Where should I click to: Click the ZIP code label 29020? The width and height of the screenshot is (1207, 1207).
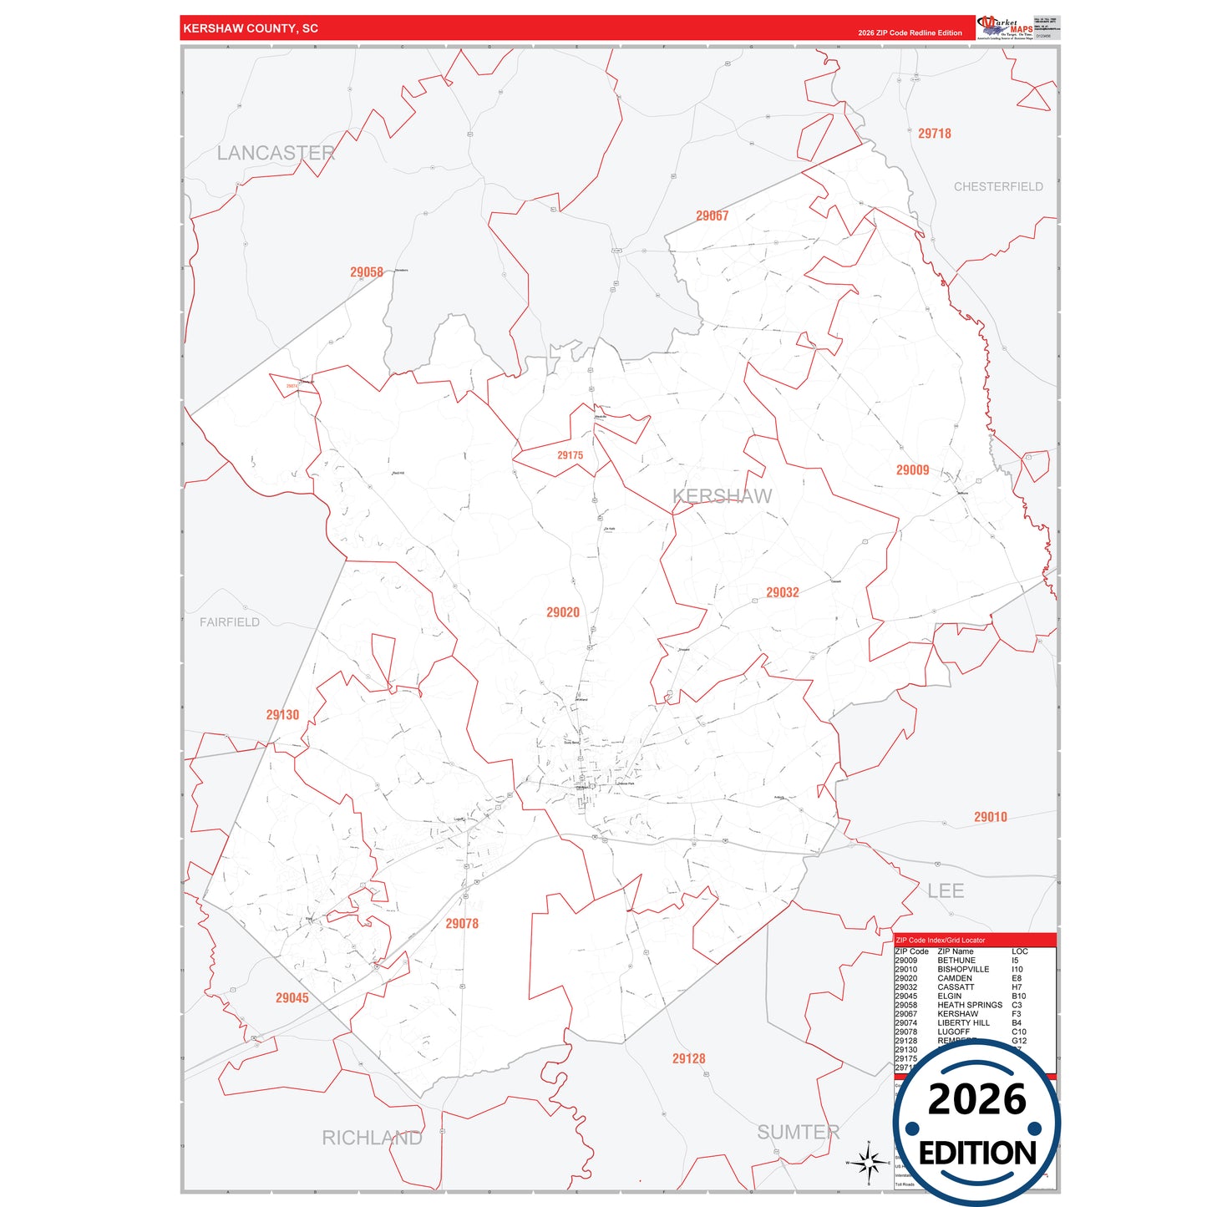coord(563,612)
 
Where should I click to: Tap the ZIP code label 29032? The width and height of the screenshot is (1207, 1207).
coord(783,592)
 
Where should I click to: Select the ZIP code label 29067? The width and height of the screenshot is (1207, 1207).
coord(713,216)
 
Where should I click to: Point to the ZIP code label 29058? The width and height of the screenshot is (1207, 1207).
coord(367,272)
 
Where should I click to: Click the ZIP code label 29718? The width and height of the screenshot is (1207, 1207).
coord(935,134)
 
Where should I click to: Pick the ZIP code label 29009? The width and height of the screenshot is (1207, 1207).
coord(913,470)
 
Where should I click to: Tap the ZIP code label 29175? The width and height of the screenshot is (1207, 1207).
coord(571,455)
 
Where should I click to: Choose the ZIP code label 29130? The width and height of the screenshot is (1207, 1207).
coord(282,715)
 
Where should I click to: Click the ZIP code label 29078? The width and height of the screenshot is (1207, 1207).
coord(462,923)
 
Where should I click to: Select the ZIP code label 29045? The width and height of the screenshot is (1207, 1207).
coord(292,997)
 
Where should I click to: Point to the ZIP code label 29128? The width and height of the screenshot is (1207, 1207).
coord(689,1058)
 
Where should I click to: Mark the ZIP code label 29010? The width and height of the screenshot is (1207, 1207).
coord(991,817)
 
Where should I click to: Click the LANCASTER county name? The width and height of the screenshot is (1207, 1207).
coord(276,153)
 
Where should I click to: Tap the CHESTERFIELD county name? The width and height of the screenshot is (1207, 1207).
coord(998,186)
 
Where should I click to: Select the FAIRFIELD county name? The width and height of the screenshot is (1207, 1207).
coord(230,622)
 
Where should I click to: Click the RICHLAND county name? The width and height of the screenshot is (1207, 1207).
coord(373,1138)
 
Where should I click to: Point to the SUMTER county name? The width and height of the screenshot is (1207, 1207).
coord(799,1132)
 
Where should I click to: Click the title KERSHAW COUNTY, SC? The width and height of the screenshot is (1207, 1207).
coord(251,28)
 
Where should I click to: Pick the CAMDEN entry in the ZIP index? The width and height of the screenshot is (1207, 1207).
coord(955,978)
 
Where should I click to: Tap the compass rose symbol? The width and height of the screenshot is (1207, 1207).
coord(869,1162)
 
